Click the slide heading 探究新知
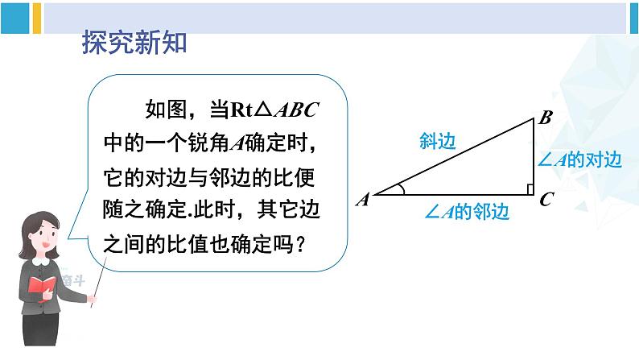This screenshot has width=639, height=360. pos(134,43)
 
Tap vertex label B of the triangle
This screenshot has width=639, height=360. pos(544,118)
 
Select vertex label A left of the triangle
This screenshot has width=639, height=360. pos(362,199)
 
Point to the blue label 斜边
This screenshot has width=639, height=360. pos(438,142)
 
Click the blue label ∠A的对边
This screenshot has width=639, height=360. pos(579,160)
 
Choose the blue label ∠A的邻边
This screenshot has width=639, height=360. pos(468,213)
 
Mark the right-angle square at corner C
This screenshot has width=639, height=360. pos(530,189)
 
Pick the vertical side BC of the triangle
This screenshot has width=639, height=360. pos(534,157)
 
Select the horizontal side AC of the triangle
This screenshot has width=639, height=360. pos(456,195)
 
